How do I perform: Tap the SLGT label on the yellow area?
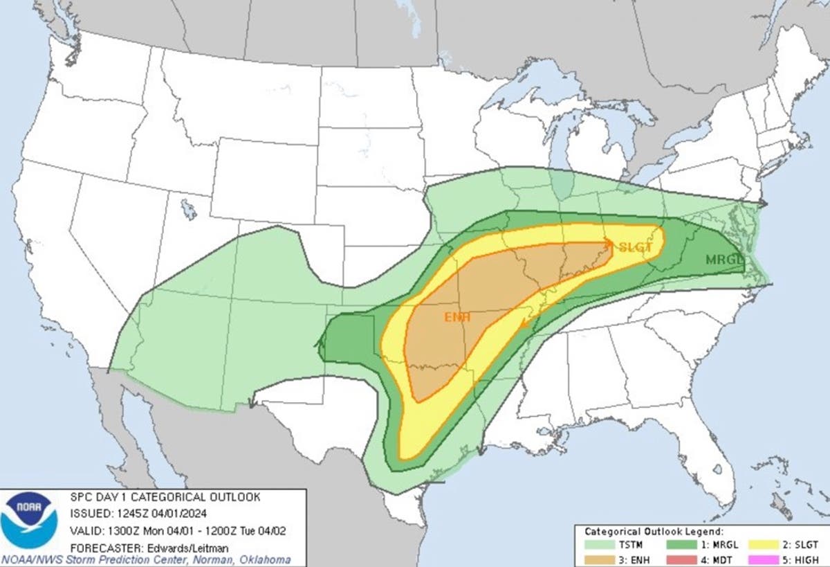pos(635,247)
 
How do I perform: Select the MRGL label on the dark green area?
pos(723,260)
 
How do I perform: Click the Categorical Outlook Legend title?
pos(654,532)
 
